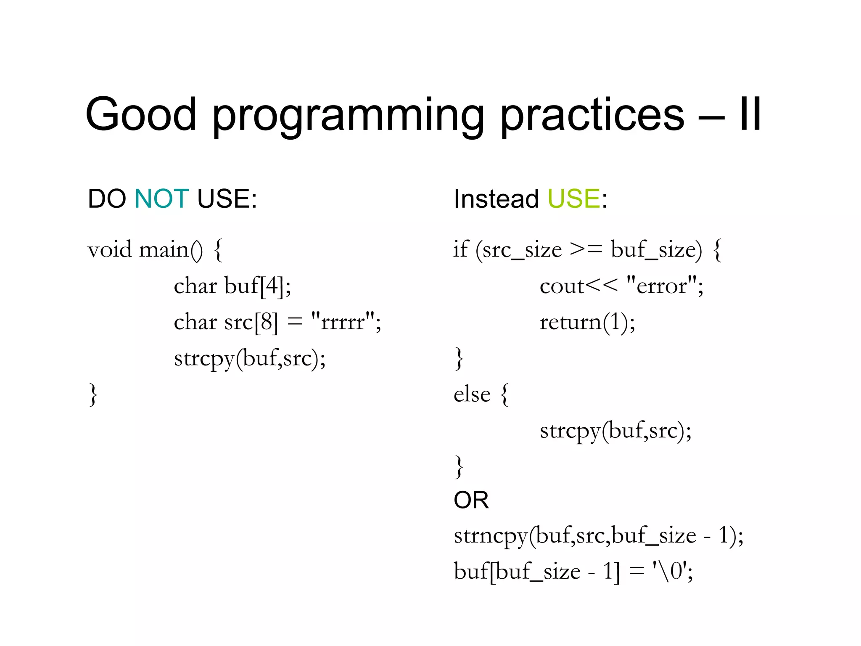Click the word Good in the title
click(x=141, y=114)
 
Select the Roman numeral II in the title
click(x=750, y=114)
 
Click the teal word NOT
click(x=161, y=199)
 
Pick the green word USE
click(x=574, y=199)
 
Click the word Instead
click(x=496, y=199)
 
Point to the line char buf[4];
click(x=232, y=286)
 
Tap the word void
click(x=110, y=250)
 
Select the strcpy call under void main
click(x=250, y=359)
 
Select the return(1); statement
click(x=587, y=322)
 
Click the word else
click(x=472, y=394)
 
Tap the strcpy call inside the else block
click(x=615, y=431)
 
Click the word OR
click(x=471, y=500)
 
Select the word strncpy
click(x=490, y=536)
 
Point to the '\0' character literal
click(x=670, y=572)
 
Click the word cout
click(x=562, y=286)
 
